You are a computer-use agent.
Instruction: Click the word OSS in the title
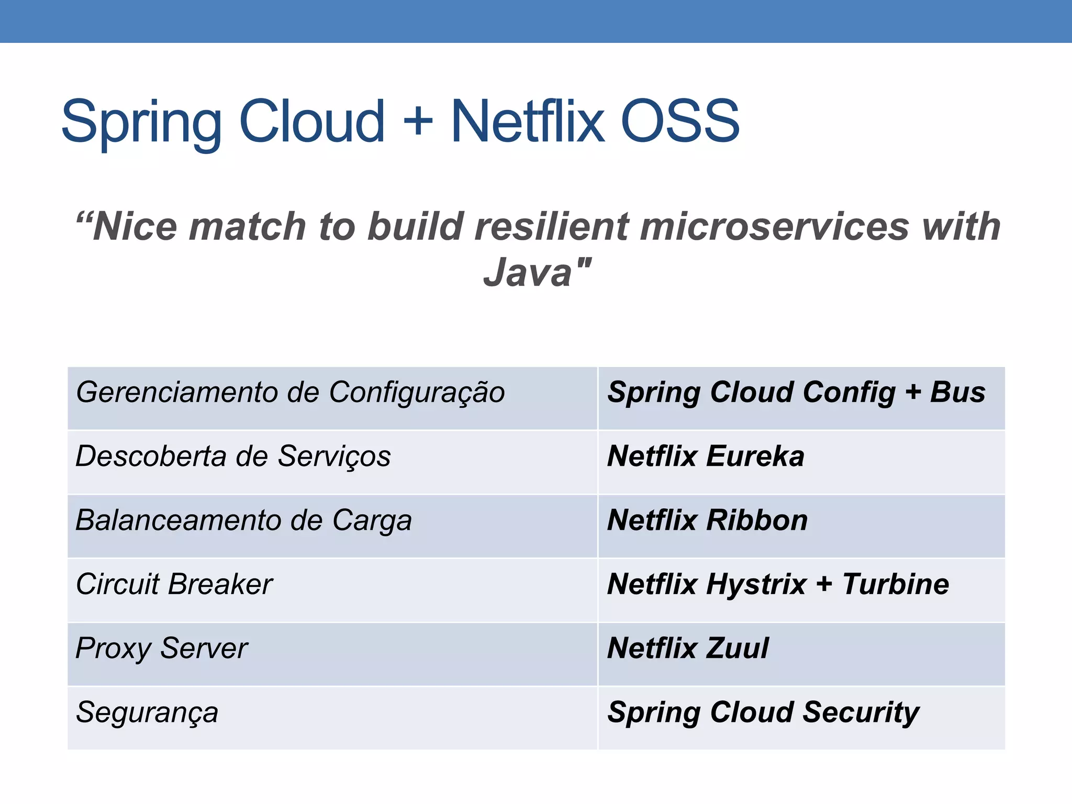pyautogui.click(x=679, y=121)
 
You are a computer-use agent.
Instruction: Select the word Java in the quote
pyautogui.click(x=527, y=272)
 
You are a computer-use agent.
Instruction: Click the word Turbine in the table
pyautogui.click(x=896, y=585)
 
